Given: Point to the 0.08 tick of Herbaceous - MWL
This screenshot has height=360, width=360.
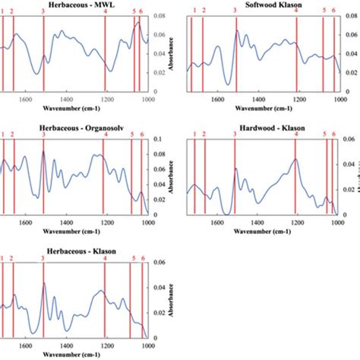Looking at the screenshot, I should click(x=161, y=16).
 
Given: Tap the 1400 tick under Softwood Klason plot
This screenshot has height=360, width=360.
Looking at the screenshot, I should click(x=258, y=99).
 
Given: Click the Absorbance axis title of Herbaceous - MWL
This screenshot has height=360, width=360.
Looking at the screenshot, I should click(x=174, y=55).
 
